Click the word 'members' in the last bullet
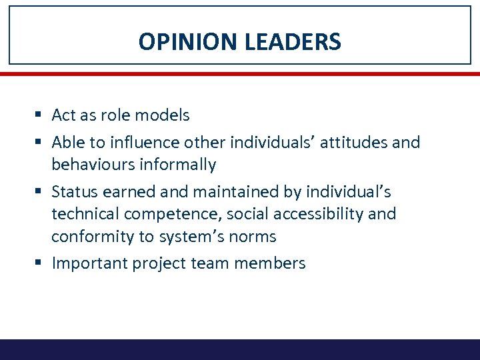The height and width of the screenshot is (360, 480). tap(275, 263)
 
